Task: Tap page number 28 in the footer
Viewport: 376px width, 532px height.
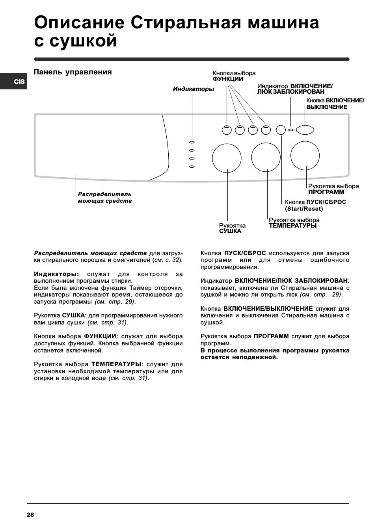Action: [30, 514]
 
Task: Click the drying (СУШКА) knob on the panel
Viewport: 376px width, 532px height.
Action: [227, 158]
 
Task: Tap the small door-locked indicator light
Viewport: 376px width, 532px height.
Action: [291, 130]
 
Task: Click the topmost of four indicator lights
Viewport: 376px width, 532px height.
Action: [192, 142]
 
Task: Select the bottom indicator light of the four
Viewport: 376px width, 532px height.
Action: [192, 167]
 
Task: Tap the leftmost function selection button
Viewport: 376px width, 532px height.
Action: [226, 130]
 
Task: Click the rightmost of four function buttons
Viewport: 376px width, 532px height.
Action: [266, 130]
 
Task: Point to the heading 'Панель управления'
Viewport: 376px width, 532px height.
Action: [73, 72]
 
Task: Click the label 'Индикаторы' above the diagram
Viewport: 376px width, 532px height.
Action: [194, 89]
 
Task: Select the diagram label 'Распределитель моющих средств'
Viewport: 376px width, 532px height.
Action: [105, 198]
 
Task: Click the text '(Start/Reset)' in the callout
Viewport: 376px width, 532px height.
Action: [304, 209]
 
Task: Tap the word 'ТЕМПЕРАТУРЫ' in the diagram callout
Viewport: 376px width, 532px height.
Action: [292, 226]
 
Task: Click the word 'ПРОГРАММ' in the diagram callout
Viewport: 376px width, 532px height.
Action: [326, 192]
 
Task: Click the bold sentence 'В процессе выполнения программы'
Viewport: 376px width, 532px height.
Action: [275, 350]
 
